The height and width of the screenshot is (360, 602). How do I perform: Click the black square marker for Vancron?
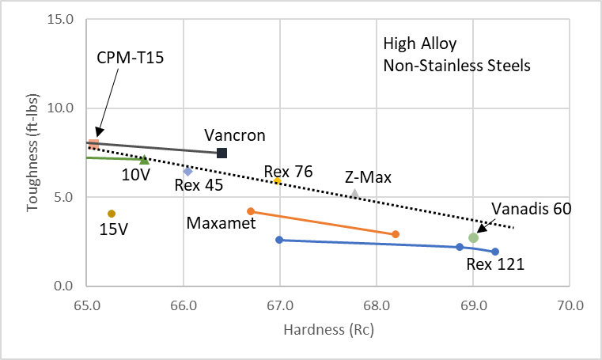(x=222, y=153)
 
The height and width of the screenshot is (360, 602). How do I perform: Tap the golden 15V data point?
(x=112, y=214)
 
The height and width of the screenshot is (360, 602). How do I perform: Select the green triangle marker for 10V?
(x=144, y=160)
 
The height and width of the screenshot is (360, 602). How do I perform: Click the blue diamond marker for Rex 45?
(x=187, y=171)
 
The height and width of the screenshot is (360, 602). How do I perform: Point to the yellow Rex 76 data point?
(x=278, y=181)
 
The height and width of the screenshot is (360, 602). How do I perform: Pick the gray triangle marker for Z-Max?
(x=355, y=194)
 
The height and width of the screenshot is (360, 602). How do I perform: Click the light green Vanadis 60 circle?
(x=473, y=238)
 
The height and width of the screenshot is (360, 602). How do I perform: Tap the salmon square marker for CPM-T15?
(x=93, y=144)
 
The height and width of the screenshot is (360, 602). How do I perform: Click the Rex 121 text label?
(x=495, y=264)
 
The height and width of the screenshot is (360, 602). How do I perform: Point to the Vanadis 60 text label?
(x=532, y=208)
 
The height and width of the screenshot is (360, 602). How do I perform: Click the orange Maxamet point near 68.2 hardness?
(x=396, y=234)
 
